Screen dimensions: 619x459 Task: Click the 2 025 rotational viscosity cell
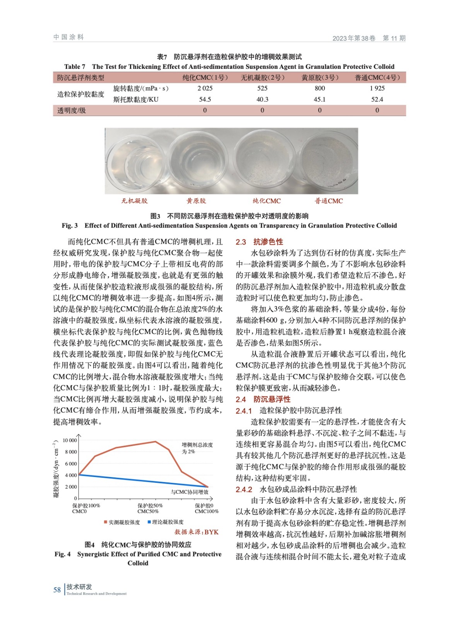(205, 88)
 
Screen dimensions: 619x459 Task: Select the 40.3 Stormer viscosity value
(262, 99)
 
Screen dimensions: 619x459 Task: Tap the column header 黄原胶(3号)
(320, 77)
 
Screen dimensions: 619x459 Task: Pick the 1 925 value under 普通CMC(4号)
(377, 88)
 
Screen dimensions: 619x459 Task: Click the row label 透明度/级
(72, 110)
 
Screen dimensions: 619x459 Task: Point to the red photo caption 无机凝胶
(134, 201)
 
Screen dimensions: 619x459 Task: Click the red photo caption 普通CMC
(329, 201)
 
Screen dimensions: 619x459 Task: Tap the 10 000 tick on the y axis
(70, 440)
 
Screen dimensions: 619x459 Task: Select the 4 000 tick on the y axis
(71, 475)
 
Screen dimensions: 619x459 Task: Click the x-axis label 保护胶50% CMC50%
(150, 508)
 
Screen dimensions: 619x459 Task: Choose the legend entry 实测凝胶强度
(122, 522)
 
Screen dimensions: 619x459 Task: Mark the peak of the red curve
(155, 441)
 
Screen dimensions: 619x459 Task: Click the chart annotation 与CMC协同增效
(189, 492)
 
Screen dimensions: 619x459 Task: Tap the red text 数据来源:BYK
(196, 532)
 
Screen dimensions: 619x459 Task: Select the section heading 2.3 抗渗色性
(259, 242)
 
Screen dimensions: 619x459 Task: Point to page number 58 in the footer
(57, 590)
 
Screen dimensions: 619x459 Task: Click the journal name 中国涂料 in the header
(68, 37)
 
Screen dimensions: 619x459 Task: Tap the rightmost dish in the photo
(329, 160)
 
